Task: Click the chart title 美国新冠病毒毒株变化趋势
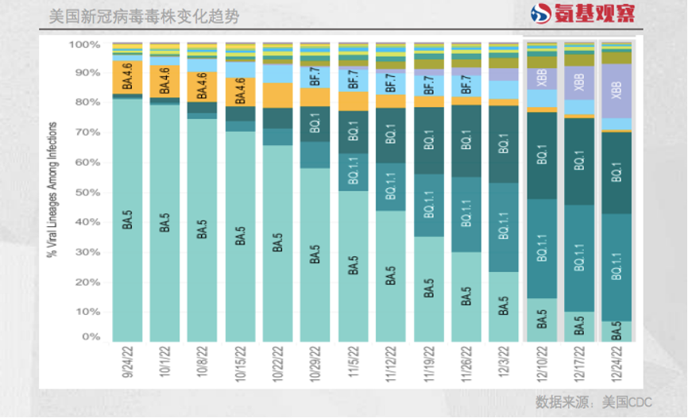tap(143, 17)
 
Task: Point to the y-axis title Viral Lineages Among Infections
tap(53, 190)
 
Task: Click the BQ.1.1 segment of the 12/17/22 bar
tap(580, 258)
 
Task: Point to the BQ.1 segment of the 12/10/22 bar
tap(542, 155)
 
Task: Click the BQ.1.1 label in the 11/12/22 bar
tap(391, 187)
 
